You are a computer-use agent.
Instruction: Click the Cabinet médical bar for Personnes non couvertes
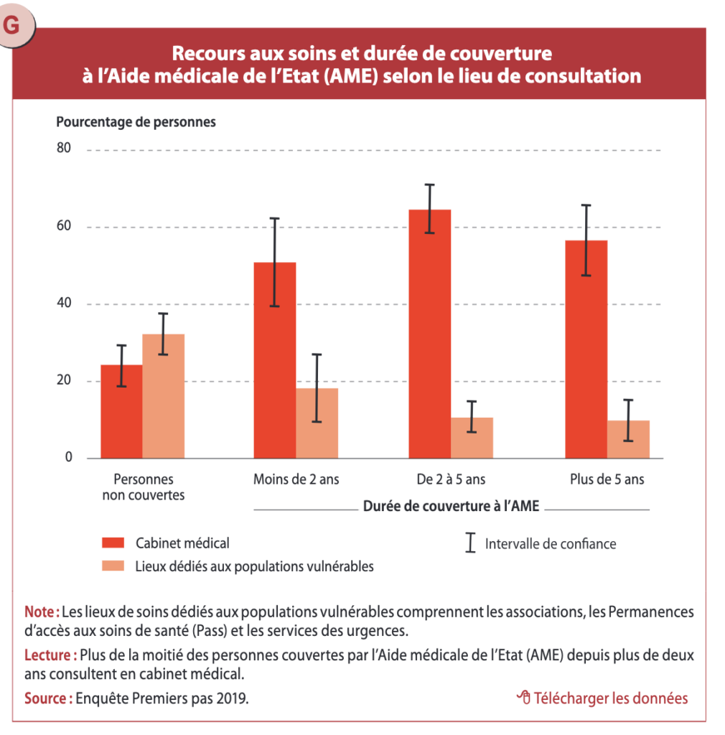tap(121, 411)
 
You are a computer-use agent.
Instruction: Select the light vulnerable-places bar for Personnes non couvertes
tap(164, 396)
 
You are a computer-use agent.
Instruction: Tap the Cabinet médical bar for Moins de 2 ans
tap(275, 360)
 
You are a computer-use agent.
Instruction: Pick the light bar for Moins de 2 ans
tap(317, 423)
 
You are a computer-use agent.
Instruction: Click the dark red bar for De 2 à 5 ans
tap(430, 334)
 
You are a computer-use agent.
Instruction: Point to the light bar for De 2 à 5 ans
tap(472, 438)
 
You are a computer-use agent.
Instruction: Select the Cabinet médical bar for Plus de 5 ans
tap(586, 350)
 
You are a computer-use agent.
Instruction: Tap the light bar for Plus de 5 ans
tap(629, 439)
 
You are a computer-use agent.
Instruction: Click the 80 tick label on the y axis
tap(64, 148)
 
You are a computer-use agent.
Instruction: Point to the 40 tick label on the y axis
tap(64, 303)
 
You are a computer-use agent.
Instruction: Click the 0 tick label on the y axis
tap(68, 457)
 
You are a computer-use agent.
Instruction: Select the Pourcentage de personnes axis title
tap(136, 122)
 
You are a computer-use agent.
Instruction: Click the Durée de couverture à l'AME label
tap(452, 506)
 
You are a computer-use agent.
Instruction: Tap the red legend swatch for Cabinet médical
tap(113, 543)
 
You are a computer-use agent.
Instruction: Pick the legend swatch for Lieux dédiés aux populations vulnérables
tap(113, 566)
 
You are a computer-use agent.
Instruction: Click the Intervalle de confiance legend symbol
tap(470, 543)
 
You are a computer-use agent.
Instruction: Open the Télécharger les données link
tap(602, 698)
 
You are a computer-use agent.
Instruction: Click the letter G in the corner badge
tap(11, 24)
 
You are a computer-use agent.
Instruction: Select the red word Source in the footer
tap(45, 698)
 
